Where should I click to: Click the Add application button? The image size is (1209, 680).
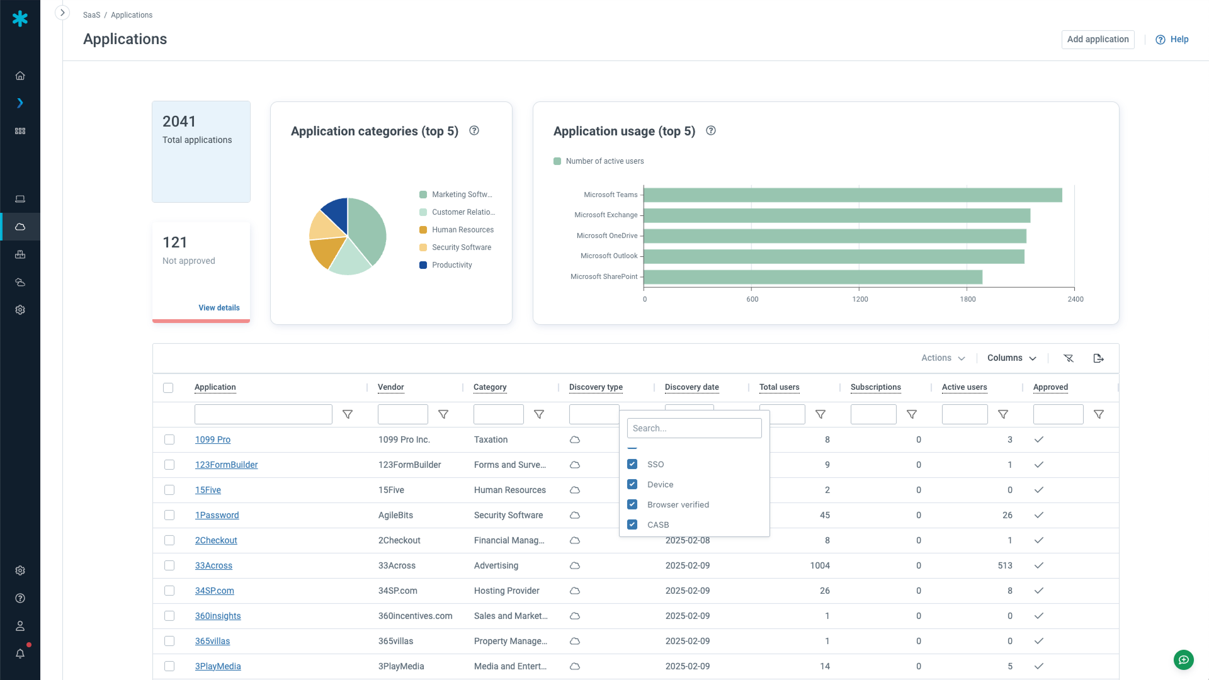[1098, 39]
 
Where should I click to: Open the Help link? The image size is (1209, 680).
[1172, 39]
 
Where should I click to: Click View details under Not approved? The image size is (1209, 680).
[219, 308]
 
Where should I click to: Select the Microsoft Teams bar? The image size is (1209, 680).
[853, 195]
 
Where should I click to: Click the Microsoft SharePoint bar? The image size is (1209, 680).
[812, 277]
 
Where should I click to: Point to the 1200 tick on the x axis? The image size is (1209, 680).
[860, 299]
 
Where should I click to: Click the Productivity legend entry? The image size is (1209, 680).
[451, 265]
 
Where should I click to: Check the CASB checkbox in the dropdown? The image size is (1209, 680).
[632, 524]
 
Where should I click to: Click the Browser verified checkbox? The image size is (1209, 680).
[632, 504]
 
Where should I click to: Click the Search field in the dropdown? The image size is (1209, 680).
[694, 428]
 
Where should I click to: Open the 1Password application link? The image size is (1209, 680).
[217, 515]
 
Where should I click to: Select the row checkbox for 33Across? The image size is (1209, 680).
[169, 565]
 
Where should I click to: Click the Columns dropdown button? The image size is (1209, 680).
[1011, 358]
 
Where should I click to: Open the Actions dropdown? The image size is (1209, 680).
[943, 358]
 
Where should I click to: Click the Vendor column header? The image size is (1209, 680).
[390, 387]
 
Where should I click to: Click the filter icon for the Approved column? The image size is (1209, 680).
[1099, 414]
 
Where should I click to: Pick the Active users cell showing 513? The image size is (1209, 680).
[1004, 565]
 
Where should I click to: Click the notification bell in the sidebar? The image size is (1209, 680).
[20, 654]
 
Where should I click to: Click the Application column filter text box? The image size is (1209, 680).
[263, 414]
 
